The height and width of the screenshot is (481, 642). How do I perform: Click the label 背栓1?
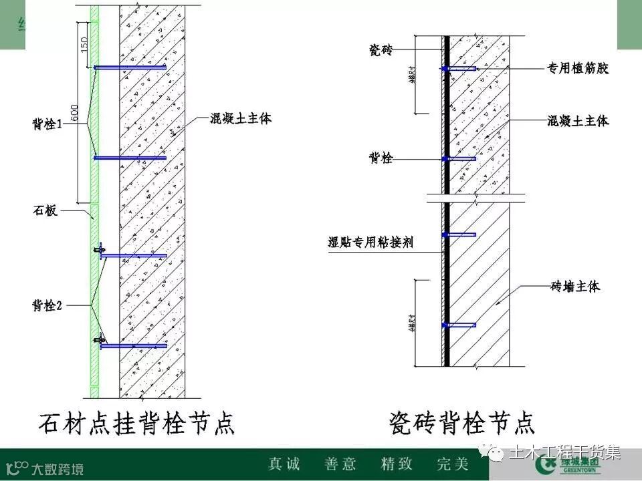click(x=47, y=124)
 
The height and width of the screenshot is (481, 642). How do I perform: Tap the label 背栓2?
click(x=47, y=305)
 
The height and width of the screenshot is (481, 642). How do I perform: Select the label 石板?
click(x=45, y=212)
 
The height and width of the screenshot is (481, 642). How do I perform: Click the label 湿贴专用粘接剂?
click(x=370, y=242)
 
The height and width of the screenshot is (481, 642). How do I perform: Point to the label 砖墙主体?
click(x=575, y=287)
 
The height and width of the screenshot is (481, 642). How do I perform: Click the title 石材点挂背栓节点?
click(x=137, y=422)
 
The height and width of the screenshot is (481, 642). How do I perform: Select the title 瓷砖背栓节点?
click(x=461, y=422)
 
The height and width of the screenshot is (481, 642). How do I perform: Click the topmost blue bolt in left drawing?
click(x=130, y=67)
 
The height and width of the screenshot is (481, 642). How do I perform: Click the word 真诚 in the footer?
click(x=284, y=464)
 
